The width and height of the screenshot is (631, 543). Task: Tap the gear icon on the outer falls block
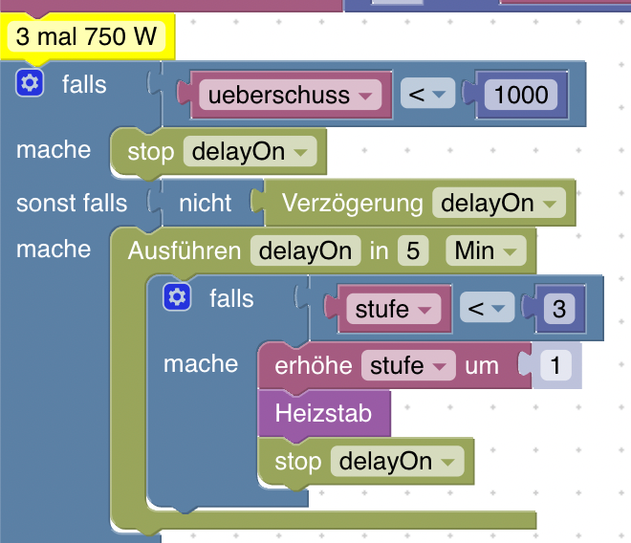pos(30,84)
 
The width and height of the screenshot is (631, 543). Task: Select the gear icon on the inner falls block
pos(176,298)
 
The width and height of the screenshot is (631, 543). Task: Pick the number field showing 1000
pos(516,95)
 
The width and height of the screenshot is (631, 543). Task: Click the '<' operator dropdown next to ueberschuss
pos(428,95)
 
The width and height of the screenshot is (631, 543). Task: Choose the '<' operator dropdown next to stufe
pos(488,309)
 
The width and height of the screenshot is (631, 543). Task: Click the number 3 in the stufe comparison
pos(558,309)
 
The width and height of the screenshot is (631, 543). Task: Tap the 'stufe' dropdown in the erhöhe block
pos(407,365)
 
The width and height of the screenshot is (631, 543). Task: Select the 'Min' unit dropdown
pos(486,251)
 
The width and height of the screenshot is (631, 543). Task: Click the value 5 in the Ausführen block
pos(413,251)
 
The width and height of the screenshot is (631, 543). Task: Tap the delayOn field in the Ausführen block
pos(305,251)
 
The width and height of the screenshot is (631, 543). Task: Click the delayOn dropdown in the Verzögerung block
pos(498,204)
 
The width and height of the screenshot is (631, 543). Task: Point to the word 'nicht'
pos(205,203)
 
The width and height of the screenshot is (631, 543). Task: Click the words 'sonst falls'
pos(72,203)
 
